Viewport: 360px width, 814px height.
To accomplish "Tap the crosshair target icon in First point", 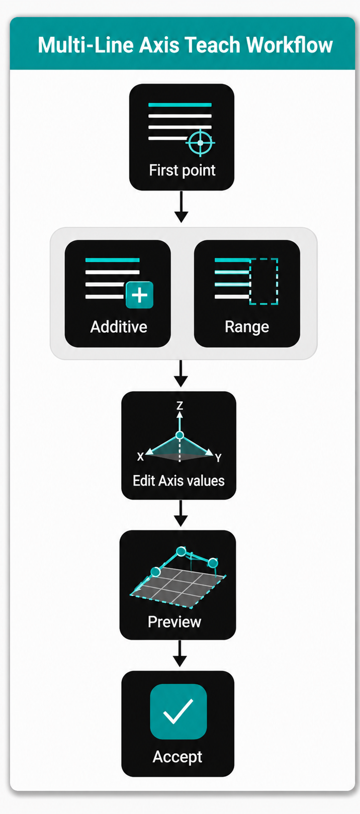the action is click(200, 142).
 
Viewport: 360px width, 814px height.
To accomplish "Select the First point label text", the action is click(182, 170).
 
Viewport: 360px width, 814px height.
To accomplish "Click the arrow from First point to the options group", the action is click(181, 207).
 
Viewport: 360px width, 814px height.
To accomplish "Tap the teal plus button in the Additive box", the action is click(139, 295).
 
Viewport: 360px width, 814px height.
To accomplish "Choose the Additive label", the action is click(119, 327).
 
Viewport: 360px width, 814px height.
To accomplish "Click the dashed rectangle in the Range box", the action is click(264, 281).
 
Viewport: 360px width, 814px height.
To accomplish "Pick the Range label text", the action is click(247, 327).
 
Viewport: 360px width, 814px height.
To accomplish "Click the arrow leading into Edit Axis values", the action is click(181, 374).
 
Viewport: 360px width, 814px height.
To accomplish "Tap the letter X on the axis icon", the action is click(140, 457).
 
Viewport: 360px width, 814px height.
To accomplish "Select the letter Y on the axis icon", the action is click(218, 458).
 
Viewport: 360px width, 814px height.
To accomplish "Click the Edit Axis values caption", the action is click(178, 481).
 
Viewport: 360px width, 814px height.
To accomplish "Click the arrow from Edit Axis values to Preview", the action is click(181, 513).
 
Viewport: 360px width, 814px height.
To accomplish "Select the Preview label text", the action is click(174, 622).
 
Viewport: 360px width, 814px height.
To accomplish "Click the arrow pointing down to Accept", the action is click(179, 654).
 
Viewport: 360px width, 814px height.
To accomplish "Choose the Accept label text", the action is click(177, 757).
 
